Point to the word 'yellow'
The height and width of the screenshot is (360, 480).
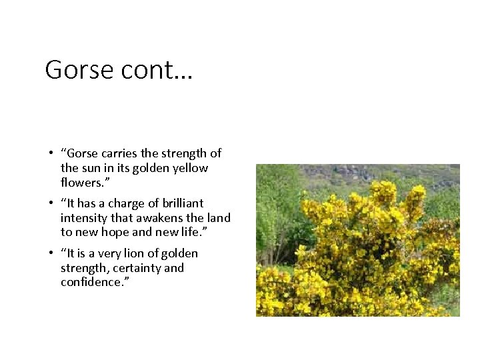(191, 168)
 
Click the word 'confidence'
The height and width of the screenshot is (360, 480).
(89, 283)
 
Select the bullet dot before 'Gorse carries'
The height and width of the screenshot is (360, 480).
(51, 154)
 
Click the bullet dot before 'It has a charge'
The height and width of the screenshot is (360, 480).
(51, 204)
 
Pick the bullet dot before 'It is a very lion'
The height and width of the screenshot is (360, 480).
(51, 254)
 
